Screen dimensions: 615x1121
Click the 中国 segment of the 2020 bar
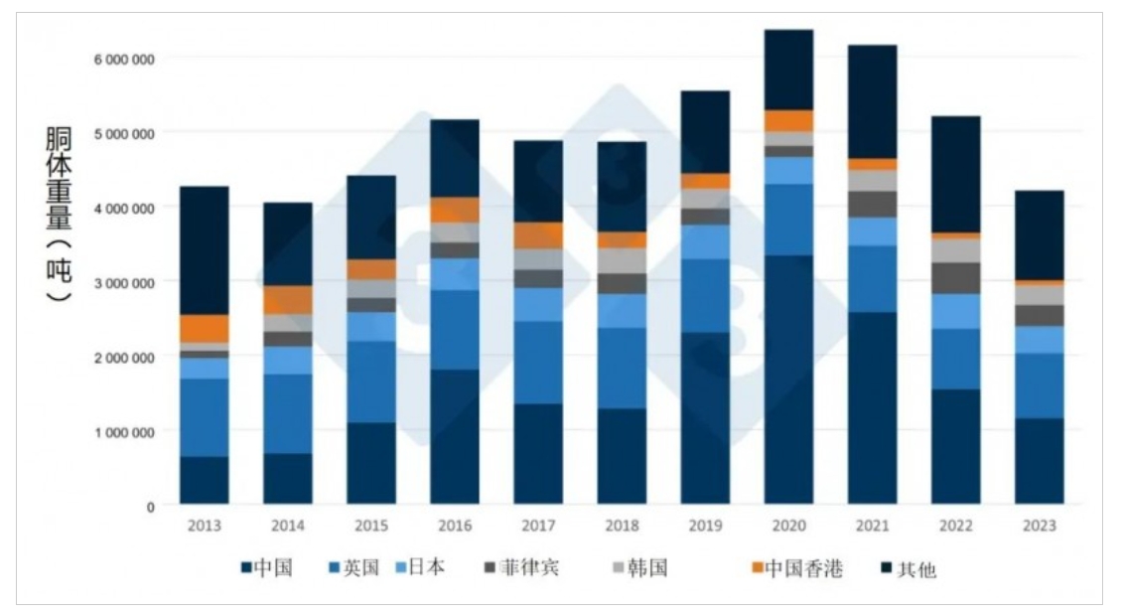click(788, 379)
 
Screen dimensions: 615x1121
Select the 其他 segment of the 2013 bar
click(204, 250)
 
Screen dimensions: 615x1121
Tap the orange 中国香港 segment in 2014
click(287, 300)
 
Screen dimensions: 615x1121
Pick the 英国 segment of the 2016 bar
click(455, 330)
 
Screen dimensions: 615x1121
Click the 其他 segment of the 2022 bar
click(955, 174)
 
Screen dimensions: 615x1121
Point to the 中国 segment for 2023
click(1039, 460)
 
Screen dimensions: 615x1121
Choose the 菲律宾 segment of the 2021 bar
click(872, 204)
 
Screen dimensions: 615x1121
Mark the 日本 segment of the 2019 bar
click(705, 241)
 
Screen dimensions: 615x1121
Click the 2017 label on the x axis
click(538, 526)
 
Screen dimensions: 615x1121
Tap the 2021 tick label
click(872, 526)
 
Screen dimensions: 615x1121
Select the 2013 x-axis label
click(204, 526)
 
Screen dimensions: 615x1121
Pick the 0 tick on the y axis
click(150, 507)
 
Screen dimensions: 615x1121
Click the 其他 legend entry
click(908, 569)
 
